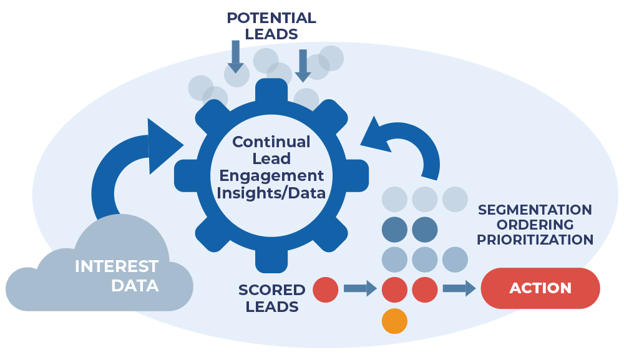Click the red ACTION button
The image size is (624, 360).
(x=540, y=288)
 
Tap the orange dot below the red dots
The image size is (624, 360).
(x=394, y=321)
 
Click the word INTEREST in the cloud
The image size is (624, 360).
(x=116, y=266)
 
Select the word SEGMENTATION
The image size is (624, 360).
(x=535, y=210)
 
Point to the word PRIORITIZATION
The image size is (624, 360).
(x=535, y=240)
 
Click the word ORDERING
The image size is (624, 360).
(x=535, y=225)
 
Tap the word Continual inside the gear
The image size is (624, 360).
(x=271, y=142)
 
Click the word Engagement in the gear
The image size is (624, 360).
(x=271, y=176)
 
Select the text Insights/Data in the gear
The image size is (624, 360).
(x=271, y=193)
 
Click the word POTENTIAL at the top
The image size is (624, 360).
(x=271, y=18)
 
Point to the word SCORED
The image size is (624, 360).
(x=271, y=290)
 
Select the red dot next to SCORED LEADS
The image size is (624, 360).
(x=325, y=289)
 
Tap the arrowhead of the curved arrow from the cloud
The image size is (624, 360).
(x=163, y=145)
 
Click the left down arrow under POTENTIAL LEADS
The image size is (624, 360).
(x=235, y=56)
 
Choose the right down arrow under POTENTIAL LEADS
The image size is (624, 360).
(x=303, y=65)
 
